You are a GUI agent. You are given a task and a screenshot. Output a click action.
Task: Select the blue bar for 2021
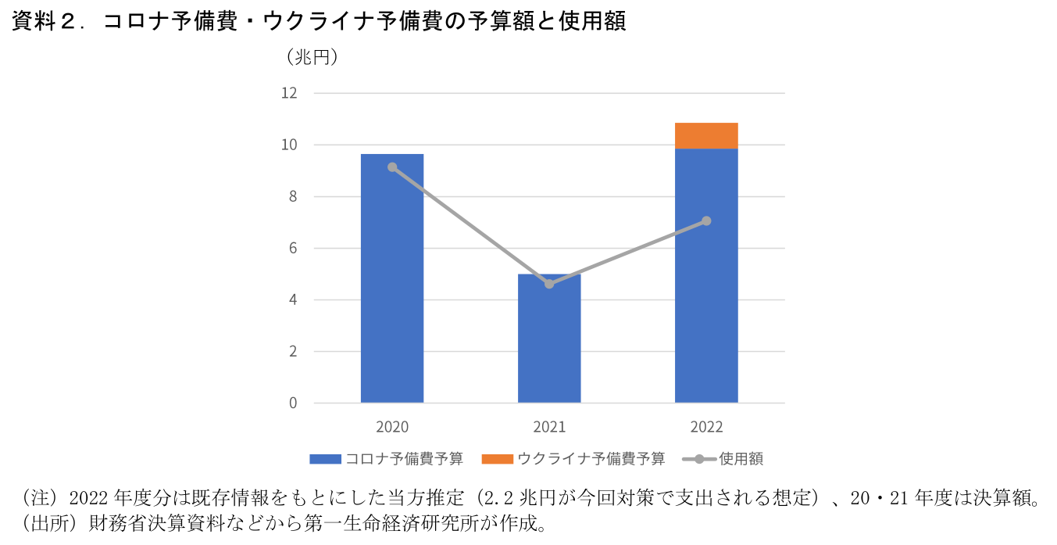point(549,344)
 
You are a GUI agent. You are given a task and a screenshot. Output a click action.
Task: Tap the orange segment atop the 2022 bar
point(706,135)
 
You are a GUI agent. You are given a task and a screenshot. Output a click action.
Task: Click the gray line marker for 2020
point(392,167)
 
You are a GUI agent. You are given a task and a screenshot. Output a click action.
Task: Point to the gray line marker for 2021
point(549,284)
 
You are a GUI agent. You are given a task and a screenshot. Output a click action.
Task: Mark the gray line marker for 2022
point(706,221)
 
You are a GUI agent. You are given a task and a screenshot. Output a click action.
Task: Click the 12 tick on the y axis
point(290,93)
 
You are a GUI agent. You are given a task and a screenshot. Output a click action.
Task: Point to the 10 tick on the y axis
point(290,145)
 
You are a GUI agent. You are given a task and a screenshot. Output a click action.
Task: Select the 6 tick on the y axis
point(293,248)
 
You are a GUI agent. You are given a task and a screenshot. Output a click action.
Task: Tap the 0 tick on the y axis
point(293,403)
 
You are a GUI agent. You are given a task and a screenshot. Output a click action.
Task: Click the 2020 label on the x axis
point(392,427)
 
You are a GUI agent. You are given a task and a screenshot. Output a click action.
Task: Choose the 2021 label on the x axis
point(549,427)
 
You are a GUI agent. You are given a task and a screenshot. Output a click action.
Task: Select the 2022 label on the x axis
point(706,427)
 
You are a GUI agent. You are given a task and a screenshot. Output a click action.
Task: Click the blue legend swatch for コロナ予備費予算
point(325,459)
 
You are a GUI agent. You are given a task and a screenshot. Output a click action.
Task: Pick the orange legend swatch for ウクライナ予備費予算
point(497,459)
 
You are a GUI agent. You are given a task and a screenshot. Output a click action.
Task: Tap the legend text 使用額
point(741,459)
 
